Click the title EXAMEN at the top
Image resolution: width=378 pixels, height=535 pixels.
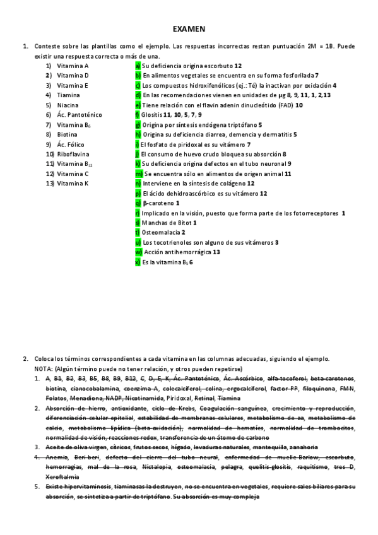pyautogui.click(x=189, y=29)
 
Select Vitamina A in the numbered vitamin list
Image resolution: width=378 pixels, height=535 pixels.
pyautogui.click(x=73, y=66)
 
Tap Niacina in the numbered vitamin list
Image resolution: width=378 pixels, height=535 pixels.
pyautogui.click(x=68, y=105)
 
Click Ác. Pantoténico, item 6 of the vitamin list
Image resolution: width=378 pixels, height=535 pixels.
pyautogui.click(x=79, y=115)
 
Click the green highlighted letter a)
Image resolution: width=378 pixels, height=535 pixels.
pyautogui.click(x=138, y=66)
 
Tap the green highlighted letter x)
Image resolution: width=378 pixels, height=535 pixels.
pyautogui.click(x=138, y=262)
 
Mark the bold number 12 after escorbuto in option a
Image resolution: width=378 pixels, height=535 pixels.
pyautogui.click(x=238, y=66)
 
